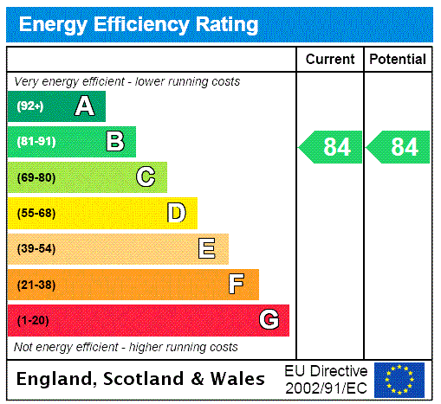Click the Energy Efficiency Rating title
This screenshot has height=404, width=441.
tap(139, 24)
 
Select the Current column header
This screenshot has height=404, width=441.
tap(330, 60)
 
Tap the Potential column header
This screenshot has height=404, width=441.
tap(398, 60)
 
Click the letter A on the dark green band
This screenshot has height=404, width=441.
tap(84, 106)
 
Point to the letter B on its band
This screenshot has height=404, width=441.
tap(114, 142)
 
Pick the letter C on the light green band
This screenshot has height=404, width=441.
tap(146, 177)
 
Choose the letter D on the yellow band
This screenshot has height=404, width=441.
tap(176, 213)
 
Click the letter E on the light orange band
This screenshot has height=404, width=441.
tap(207, 249)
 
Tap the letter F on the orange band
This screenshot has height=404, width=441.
tap(237, 284)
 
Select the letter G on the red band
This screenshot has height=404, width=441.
tap(269, 320)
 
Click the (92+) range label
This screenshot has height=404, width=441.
tap(29, 106)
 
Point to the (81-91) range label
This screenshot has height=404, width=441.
tap(36, 142)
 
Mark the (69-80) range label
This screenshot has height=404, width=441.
tap(36, 177)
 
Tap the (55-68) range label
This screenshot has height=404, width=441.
tap(36, 213)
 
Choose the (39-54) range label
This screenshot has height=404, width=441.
tap(36, 249)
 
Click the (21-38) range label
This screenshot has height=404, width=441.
tap(36, 285)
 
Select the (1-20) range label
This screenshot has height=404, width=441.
tap(33, 320)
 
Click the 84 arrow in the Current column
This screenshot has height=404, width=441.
tap(331, 147)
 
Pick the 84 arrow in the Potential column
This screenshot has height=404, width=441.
tap(399, 147)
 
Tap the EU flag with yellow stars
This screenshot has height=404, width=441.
tap(399, 379)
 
